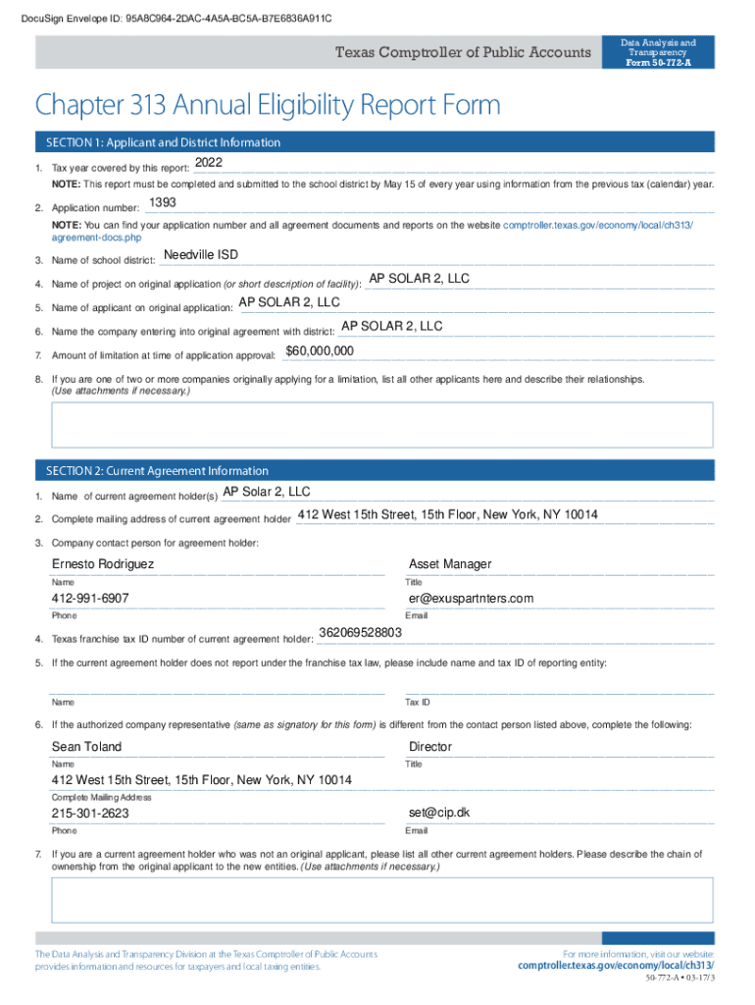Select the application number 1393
pos(163,203)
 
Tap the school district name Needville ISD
pos(201,255)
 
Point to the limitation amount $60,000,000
pos(320,351)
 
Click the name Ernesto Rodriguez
pos(103,564)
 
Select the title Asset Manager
pos(450,564)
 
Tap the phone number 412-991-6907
pos(90,599)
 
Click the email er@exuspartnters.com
pos(472,599)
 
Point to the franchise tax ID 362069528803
pos(361,632)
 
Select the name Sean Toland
pos(87,747)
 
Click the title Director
pos(430,747)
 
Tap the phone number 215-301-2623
pos(90,815)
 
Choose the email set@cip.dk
pos(439,814)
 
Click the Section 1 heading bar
pos(163,143)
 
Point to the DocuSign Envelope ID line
pos(170,19)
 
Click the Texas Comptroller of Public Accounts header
pos(464,53)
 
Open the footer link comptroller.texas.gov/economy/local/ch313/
pos(616,967)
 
